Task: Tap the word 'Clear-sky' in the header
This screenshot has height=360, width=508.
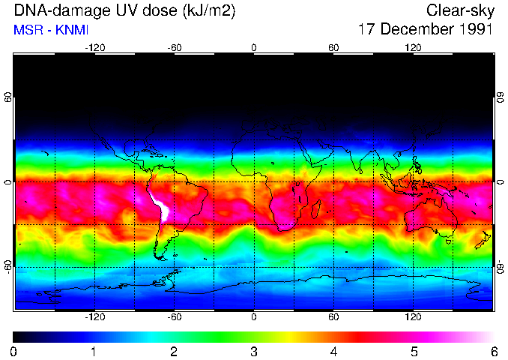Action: coord(459,11)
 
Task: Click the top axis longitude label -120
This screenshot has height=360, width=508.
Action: coord(94,47)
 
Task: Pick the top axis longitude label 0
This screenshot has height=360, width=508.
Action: coord(253,47)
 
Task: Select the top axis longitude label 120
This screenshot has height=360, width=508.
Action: coord(413,47)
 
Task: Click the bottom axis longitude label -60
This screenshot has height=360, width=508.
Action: coord(174,317)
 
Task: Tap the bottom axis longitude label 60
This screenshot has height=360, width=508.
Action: coord(333,317)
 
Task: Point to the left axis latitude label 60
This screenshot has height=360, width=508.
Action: coord(7,97)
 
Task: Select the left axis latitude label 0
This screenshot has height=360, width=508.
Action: coord(7,182)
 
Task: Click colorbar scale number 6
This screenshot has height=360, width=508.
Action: coord(493,351)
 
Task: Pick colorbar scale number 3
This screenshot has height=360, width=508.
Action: coord(253,351)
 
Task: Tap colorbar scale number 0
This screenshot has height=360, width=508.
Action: coord(14,351)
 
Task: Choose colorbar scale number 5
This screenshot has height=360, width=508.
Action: coord(413,351)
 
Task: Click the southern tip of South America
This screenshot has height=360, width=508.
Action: coord(160,257)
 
